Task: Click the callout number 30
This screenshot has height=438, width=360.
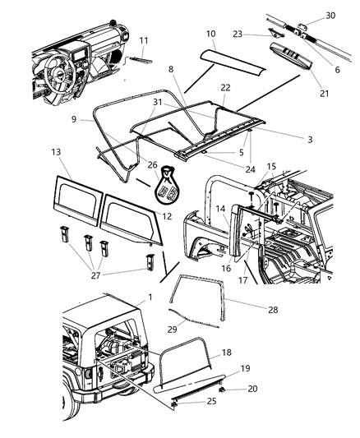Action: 330,16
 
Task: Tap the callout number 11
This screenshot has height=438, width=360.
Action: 144,39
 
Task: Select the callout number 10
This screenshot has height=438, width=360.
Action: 210,35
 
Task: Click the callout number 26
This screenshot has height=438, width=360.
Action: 152,164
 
